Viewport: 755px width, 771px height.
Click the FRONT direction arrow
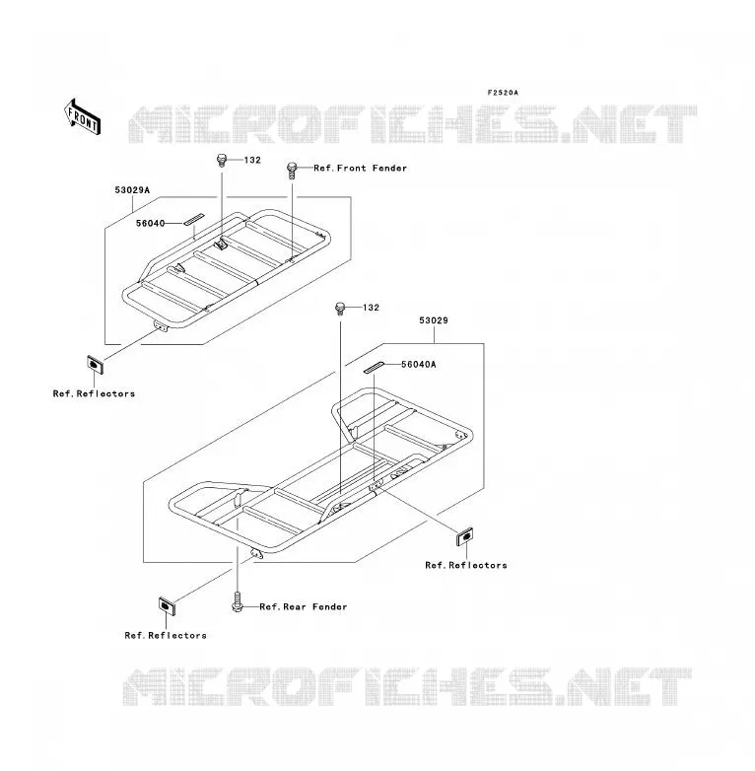pos(82,116)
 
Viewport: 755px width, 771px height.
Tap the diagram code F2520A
pos(503,93)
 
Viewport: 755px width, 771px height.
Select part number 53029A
pos(132,190)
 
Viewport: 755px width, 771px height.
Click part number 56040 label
pos(151,223)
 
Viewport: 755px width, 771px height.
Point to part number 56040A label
pos(419,365)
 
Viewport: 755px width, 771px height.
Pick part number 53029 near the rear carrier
pos(434,320)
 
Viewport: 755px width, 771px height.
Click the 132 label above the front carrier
pos(252,160)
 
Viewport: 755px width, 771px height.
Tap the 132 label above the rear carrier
pos(372,308)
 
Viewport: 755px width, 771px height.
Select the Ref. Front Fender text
pos(361,169)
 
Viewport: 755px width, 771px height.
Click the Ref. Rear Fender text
pos(304,606)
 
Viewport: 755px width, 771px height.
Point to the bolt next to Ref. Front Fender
pos(293,171)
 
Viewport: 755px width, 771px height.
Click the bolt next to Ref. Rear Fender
pos(238,601)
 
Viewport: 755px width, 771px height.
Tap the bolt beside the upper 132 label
pos(222,161)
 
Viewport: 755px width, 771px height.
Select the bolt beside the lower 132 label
pos(340,309)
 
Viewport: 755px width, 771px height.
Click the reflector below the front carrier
pos(95,365)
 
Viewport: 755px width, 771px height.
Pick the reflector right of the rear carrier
pos(465,536)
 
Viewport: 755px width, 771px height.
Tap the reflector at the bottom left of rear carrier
pos(168,605)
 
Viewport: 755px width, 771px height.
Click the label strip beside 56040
pos(193,219)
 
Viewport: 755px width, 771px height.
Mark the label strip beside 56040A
pos(375,368)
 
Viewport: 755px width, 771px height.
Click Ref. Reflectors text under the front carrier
pos(94,393)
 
